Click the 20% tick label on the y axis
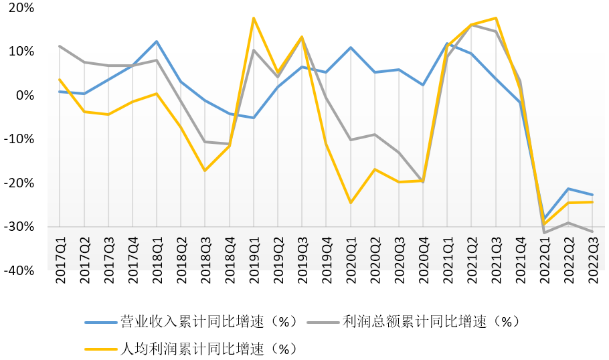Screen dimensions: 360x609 click(21, 8)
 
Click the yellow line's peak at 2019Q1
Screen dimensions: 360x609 click(254, 18)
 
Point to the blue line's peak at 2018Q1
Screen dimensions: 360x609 click(157, 41)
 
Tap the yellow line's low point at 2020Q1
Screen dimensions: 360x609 click(351, 202)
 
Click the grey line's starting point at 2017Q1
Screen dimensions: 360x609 click(60, 46)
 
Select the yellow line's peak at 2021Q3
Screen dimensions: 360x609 click(496, 18)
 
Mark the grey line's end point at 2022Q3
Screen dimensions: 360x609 click(593, 232)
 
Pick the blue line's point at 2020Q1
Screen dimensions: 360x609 click(351, 48)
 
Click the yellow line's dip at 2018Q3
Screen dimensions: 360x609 click(205, 171)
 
